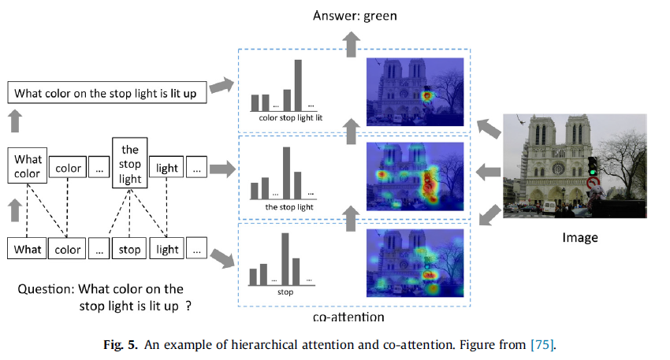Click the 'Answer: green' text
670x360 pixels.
pos(355,15)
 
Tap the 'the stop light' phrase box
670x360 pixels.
pos(130,165)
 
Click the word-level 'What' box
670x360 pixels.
pos(28,249)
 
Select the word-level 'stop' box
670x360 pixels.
pos(130,249)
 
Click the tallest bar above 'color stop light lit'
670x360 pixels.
pos(299,85)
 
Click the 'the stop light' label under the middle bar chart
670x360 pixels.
pos(289,207)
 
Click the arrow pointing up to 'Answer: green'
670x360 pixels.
pos(355,43)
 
